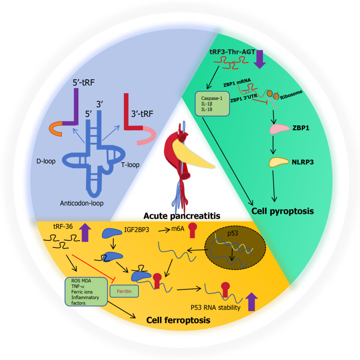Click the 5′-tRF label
click(84, 82)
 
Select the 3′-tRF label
click(142, 113)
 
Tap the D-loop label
click(46, 161)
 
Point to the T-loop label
click(130, 164)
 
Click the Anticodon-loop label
click(82, 203)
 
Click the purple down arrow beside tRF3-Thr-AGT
click(260, 59)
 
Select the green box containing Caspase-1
click(212, 104)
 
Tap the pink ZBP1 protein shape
click(279, 129)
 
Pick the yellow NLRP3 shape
click(278, 162)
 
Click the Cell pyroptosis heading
click(283, 211)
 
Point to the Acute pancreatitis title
click(182, 216)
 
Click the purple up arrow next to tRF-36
click(85, 232)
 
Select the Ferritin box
click(124, 291)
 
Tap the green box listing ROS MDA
click(86, 292)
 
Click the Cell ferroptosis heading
click(178, 320)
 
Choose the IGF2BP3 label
click(137, 230)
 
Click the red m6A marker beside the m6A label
click(192, 230)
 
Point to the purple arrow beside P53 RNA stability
click(252, 302)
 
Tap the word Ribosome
click(291, 95)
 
